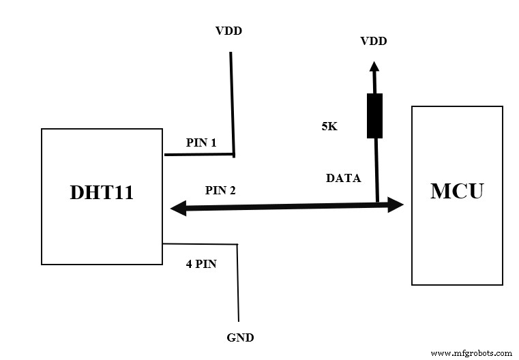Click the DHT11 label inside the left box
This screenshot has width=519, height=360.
point(102,192)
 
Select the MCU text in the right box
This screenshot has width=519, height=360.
point(456,190)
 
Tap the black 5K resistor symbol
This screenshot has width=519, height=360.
point(374,116)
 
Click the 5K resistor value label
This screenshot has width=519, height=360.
point(329,126)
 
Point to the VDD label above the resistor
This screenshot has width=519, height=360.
point(373,42)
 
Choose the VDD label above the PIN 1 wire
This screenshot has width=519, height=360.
point(228,31)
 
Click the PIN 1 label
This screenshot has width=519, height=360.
point(201,143)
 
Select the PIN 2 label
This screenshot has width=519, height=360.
point(220,190)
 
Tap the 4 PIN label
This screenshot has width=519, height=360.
point(201,264)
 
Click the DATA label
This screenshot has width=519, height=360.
point(344,178)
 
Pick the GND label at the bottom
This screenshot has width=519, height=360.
point(239,337)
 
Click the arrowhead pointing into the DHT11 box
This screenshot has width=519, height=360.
point(175,209)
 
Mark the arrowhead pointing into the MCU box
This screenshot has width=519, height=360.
point(396,204)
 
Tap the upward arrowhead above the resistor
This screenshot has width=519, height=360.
point(374,66)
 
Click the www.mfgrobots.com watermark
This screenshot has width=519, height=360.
point(471,353)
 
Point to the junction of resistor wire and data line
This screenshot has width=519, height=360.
point(376,203)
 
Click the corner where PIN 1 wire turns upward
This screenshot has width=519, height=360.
point(234,154)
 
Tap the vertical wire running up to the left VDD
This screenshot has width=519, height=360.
point(233,102)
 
